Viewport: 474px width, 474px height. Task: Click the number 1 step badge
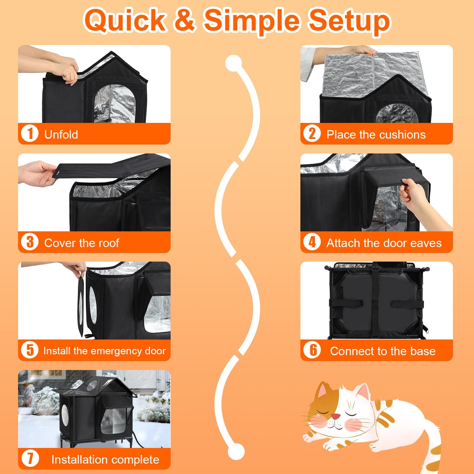tap(30, 134)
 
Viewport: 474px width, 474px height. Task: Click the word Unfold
tap(61, 134)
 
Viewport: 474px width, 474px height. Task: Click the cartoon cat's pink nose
tap(335, 417)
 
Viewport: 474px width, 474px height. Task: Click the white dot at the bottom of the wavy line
tap(236, 452)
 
